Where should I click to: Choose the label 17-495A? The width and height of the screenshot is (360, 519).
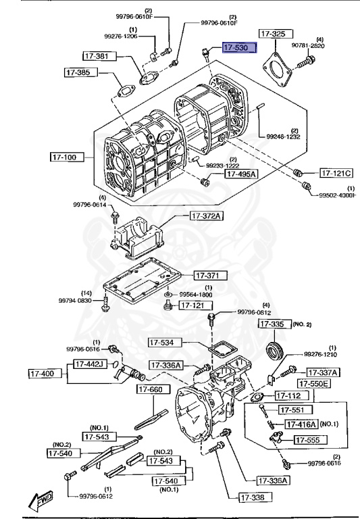coord(241,174)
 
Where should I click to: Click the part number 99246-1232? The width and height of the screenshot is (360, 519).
coord(283,137)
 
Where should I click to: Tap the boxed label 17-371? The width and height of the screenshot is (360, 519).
coord(211,276)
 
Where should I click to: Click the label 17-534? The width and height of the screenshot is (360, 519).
coord(166,343)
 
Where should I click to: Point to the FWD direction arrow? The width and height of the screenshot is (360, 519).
coord(42,499)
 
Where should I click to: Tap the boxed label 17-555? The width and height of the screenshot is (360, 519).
coord(311,439)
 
